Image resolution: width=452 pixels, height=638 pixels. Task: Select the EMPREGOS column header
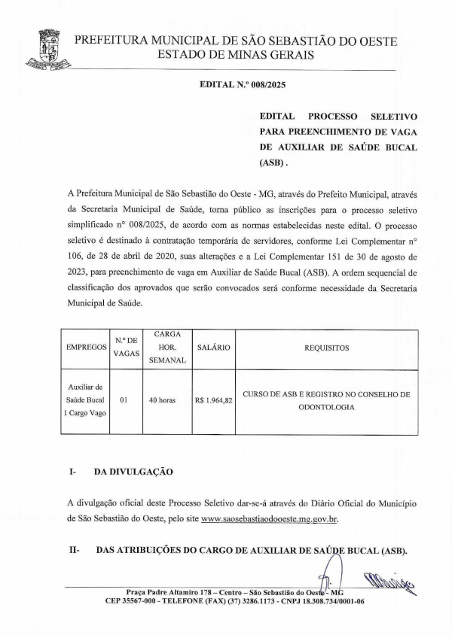pos(86,348)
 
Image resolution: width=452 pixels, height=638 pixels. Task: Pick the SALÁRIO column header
pos(213,348)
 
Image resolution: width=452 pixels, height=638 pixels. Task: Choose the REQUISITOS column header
pos(326,348)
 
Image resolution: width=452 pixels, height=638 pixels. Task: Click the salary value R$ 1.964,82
pos(213,400)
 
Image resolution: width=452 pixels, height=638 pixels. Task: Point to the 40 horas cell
pos(162,400)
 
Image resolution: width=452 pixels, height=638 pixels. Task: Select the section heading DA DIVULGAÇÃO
pos(133,472)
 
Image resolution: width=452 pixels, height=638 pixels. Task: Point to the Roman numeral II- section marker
pos(75,551)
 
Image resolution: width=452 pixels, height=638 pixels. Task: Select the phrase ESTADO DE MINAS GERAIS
pos(237,55)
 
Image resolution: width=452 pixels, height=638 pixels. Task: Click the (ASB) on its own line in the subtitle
pos(273,162)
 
